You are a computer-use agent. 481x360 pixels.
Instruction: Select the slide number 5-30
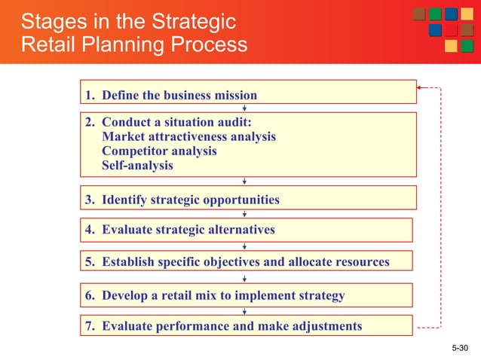tap(460, 347)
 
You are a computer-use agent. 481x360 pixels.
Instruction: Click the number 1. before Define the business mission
tap(90, 96)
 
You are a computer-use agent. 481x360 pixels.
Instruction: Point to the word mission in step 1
tap(235, 96)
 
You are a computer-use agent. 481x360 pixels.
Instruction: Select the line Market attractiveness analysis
tap(188, 136)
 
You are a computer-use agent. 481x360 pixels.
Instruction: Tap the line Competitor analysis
tap(159, 151)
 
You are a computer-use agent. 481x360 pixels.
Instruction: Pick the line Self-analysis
tap(137, 165)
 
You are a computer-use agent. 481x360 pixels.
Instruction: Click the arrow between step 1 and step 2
tap(245, 108)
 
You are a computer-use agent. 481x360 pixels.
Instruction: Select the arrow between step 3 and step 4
tap(245, 213)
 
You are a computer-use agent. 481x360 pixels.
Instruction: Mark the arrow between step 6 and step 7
tap(245, 310)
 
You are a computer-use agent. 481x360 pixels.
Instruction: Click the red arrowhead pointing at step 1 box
tap(421, 88)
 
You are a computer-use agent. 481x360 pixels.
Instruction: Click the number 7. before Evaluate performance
tap(90, 326)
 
